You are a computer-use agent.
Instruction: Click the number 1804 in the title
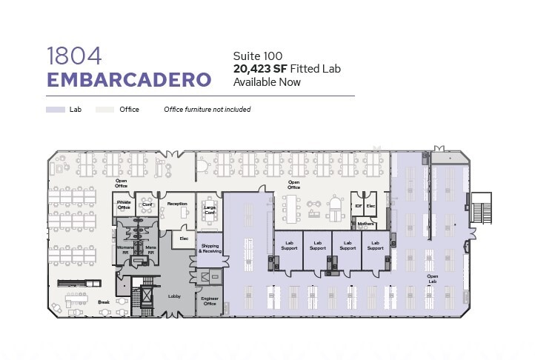tap(73, 55)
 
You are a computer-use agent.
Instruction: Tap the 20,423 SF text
tap(259, 69)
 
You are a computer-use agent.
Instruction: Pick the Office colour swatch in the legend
tap(106, 110)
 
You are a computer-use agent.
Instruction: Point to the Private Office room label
tap(124, 204)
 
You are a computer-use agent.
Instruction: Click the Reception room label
tap(177, 203)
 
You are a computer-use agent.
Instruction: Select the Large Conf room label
tap(210, 210)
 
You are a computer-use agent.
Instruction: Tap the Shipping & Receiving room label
tap(210, 248)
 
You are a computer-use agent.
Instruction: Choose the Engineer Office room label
tap(210, 301)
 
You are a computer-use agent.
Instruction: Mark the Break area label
tap(104, 302)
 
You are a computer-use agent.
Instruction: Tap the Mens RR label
tap(150, 250)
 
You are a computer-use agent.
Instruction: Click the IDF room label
tap(359, 205)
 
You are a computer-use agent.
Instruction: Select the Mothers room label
tap(365, 224)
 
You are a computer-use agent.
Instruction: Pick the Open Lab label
tap(433, 279)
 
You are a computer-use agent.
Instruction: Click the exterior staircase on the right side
tap(482, 209)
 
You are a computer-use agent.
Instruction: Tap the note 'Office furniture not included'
tap(207, 110)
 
